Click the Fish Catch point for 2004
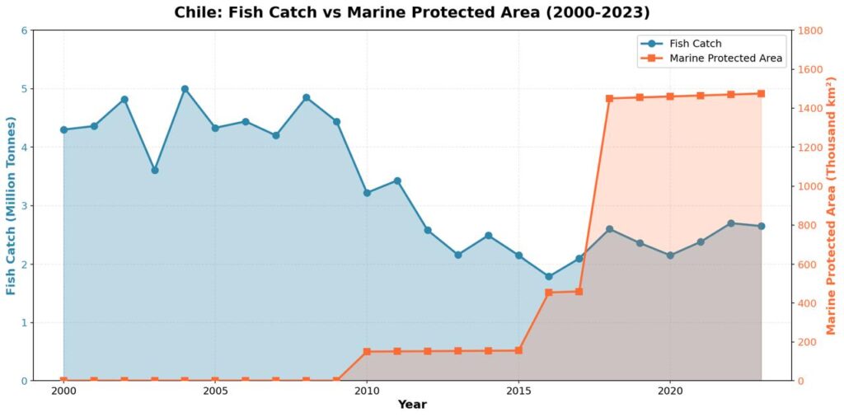pyautogui.click(x=185, y=89)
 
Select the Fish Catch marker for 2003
pyautogui.click(x=155, y=171)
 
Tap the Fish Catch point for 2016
pyautogui.click(x=549, y=277)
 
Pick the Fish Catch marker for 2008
pyautogui.click(x=306, y=97)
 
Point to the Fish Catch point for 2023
pyautogui.click(x=761, y=226)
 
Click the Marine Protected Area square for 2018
pyautogui.click(x=609, y=99)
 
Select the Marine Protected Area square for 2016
pyautogui.click(x=549, y=293)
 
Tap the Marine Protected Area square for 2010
pyautogui.click(x=367, y=352)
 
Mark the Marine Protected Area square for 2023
pyautogui.click(x=761, y=94)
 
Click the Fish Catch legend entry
pyautogui.click(x=696, y=43)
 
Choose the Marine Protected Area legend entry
pyautogui.click(x=725, y=59)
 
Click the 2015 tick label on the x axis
pyautogui.click(x=518, y=391)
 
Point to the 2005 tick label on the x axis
pyautogui.click(x=215, y=391)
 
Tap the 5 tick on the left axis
pyautogui.click(x=24, y=89)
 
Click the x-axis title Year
pyautogui.click(x=412, y=405)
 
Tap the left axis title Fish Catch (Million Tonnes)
pyautogui.click(x=12, y=206)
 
